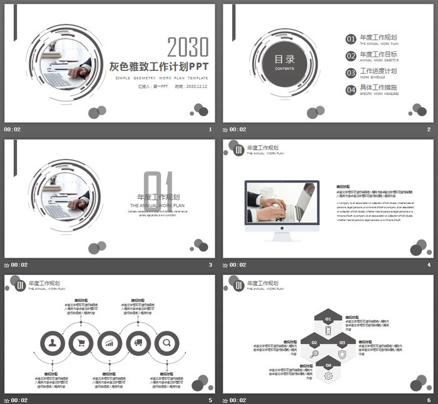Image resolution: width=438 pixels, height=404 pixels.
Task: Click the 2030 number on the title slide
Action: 188,47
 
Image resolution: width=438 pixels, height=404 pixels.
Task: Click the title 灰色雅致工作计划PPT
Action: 159,67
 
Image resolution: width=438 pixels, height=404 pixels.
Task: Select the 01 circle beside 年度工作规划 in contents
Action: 351,39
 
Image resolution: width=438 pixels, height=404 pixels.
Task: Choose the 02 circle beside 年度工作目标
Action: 351,56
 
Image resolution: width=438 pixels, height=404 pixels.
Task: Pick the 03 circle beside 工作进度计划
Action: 351,73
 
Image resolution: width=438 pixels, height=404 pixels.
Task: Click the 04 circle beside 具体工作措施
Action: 351,90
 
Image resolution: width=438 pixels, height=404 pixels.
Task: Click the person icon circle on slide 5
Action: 53,343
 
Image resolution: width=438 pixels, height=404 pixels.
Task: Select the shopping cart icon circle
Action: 81,343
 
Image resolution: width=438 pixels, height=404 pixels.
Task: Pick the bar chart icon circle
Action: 110,343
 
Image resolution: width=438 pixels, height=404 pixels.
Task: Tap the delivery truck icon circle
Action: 138,343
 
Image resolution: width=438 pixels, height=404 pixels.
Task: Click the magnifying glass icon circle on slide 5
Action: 167,343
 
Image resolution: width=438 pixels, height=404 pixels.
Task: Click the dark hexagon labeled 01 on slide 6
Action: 328,320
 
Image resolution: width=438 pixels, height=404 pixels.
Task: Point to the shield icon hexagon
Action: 342,354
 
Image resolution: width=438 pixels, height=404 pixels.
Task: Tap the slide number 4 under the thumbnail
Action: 429,265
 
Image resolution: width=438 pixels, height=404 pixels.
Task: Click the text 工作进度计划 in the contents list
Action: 379,71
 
